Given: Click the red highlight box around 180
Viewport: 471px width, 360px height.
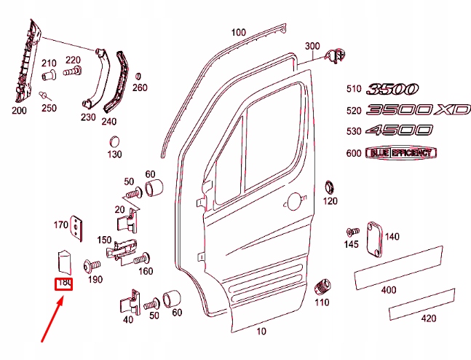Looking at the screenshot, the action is tap(63, 278).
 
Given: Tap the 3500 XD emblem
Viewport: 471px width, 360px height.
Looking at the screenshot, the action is tap(418, 109).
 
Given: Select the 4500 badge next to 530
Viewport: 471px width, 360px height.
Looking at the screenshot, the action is tap(399, 130).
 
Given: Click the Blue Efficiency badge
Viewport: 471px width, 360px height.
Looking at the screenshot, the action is tap(401, 153).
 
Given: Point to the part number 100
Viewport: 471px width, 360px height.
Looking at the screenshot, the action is tap(239, 32).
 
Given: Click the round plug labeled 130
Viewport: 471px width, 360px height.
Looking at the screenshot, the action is tap(114, 142).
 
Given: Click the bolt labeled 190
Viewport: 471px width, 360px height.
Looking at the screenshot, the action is tap(92, 266).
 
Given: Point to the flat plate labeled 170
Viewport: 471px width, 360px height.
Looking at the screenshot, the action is tap(76, 228).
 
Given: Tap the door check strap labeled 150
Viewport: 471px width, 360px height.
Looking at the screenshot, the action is tap(122, 250).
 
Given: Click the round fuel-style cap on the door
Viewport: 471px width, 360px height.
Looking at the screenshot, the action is tap(294, 202).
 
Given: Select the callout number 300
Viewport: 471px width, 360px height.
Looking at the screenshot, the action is tap(312, 47).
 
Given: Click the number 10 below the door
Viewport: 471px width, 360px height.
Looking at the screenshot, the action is tap(261, 332).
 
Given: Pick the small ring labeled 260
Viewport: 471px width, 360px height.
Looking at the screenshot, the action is tap(138, 76).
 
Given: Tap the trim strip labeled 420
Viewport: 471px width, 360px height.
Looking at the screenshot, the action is tap(422, 304).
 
